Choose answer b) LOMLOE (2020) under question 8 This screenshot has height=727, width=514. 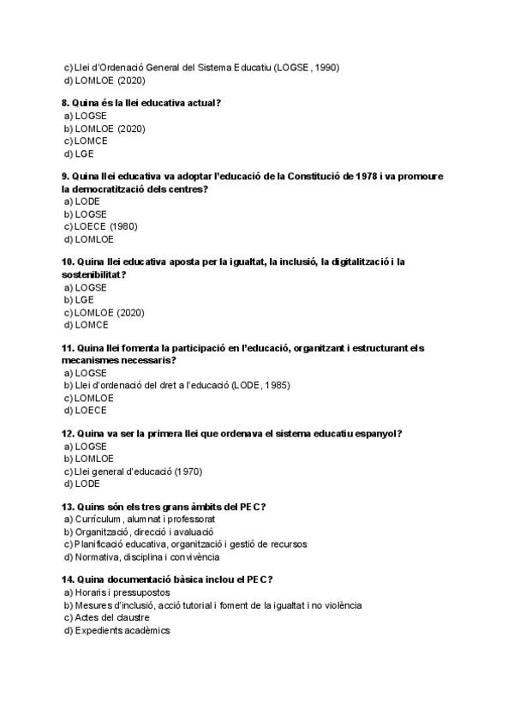105,129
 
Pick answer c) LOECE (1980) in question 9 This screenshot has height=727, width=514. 100,226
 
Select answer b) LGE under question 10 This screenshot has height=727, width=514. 79,300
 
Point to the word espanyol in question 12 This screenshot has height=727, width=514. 376,433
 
